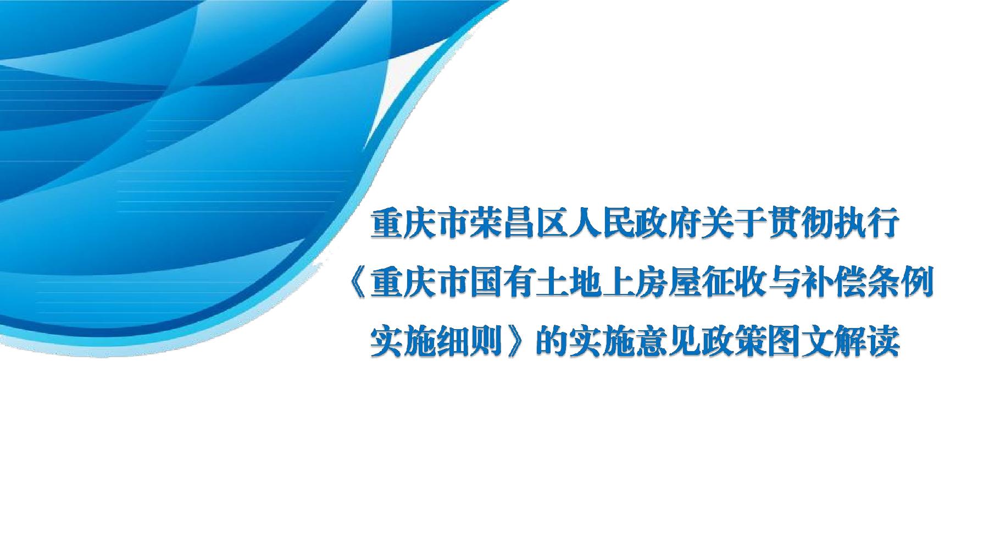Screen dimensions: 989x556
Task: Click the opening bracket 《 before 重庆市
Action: pyautogui.click(x=358, y=285)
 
